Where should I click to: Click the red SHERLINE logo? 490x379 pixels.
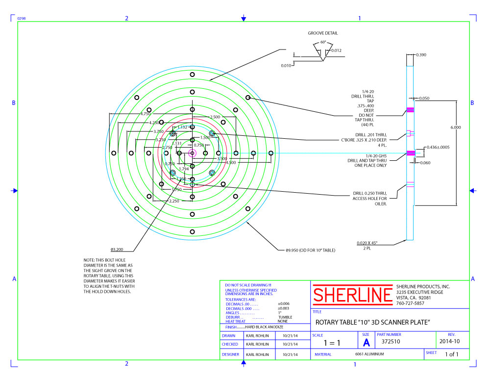pos(352,295)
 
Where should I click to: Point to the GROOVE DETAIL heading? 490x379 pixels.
pos(322,33)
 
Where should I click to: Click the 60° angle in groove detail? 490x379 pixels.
pos(323,42)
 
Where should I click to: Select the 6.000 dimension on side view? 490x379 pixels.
pos(456,127)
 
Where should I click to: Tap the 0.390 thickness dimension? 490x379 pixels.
pos(420,55)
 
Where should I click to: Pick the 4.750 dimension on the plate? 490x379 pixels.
pos(145,114)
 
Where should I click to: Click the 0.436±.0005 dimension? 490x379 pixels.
pos(438,147)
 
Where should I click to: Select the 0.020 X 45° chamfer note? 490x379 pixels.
pos(367,243)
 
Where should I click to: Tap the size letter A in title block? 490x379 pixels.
pos(366,342)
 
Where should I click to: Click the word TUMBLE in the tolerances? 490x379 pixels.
pos(284,317)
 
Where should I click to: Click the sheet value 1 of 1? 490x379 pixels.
pos(451,354)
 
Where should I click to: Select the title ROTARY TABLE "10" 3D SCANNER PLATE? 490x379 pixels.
pos(372,322)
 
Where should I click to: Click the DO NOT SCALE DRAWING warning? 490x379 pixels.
pos(248,285)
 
